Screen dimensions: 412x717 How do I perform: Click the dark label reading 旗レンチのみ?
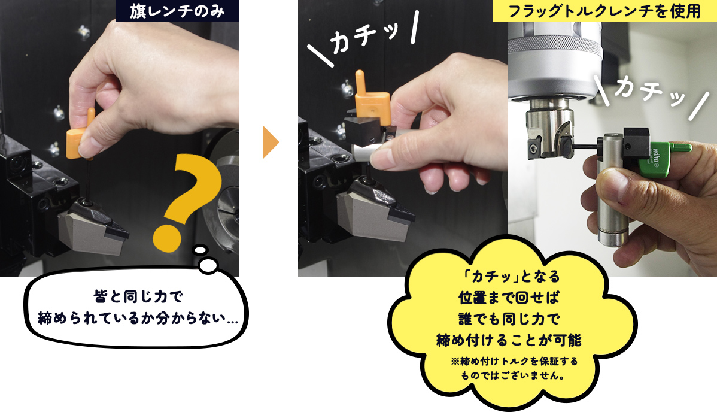pos(177,11)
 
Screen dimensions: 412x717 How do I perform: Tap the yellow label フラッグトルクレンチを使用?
pos(604,11)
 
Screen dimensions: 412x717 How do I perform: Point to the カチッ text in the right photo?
pos(649,92)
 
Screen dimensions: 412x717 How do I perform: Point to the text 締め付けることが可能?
pos(509,340)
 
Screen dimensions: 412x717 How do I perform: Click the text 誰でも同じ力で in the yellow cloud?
pos(509,318)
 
